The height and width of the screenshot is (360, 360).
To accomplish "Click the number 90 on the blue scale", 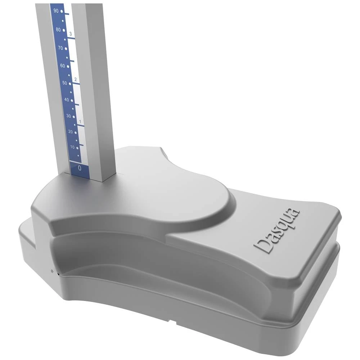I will tap(56, 11).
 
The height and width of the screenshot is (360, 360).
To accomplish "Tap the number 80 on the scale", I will tap(58, 30).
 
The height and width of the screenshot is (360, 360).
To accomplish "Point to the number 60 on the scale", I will tap(62, 66).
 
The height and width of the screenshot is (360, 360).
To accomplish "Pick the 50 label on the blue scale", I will tap(64, 83).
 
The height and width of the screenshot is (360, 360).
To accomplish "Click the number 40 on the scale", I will tap(67, 100).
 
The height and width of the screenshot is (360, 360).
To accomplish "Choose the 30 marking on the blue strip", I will tap(68, 116).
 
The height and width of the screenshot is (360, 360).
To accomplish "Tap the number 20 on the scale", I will tap(71, 132).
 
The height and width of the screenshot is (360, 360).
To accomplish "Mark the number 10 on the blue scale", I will tap(72, 147).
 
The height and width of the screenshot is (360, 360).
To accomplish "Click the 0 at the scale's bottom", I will tap(80, 168).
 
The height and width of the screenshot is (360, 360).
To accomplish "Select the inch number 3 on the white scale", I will tap(71, 34).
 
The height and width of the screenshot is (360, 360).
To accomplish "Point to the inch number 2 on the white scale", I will tap(75, 79).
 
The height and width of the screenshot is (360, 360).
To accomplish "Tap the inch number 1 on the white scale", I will tap(80, 122).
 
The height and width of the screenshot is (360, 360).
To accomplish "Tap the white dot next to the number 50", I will tap(70, 84).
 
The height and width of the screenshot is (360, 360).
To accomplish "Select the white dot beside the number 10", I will tap(77, 148).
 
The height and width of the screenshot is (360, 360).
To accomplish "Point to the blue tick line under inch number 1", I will tap(81, 126).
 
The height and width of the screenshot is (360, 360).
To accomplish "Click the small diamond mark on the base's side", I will tap(52, 271).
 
